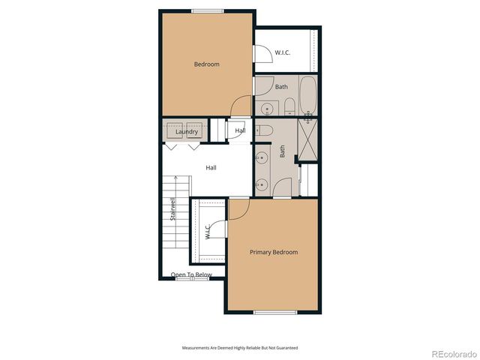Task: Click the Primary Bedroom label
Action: [273, 252]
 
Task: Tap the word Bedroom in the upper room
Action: [206, 64]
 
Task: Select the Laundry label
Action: [187, 132]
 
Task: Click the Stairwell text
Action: [173, 208]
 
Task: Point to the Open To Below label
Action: [191, 275]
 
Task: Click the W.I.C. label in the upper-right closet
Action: [283, 52]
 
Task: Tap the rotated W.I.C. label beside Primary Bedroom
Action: [207, 231]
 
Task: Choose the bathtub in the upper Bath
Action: [308, 95]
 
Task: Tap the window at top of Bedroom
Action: [206, 10]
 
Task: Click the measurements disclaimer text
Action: [239, 347]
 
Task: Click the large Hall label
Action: [211, 167]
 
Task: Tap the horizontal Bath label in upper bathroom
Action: [281, 87]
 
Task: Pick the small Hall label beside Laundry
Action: [240, 131]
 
